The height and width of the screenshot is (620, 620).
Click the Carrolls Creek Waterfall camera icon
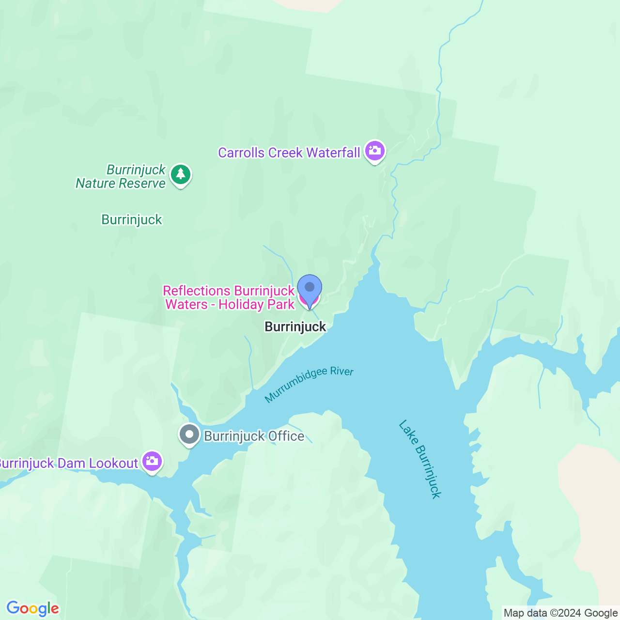[x=374, y=151]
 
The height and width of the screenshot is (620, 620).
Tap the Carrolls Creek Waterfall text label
[x=289, y=153]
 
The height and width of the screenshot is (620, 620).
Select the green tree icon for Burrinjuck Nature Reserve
[x=181, y=174]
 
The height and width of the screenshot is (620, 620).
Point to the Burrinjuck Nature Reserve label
[x=122, y=177]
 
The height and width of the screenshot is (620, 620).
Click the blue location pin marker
[x=309, y=289]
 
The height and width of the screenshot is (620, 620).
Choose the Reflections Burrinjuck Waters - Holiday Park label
[x=229, y=297]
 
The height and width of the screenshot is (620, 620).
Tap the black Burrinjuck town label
[x=295, y=326]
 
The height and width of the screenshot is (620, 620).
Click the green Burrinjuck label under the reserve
[x=132, y=219]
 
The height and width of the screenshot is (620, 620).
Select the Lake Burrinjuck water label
[x=420, y=459]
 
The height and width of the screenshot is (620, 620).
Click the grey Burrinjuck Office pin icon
[x=189, y=434]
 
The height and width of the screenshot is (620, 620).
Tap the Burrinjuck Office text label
[x=254, y=436]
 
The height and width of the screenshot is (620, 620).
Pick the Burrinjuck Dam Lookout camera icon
[x=152, y=462]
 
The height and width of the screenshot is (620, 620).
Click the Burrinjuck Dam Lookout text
[x=69, y=464]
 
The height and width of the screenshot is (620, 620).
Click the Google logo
[x=33, y=608]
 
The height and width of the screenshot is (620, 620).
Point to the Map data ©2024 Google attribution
[x=560, y=613]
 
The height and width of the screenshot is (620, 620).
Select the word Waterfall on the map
[x=333, y=153]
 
